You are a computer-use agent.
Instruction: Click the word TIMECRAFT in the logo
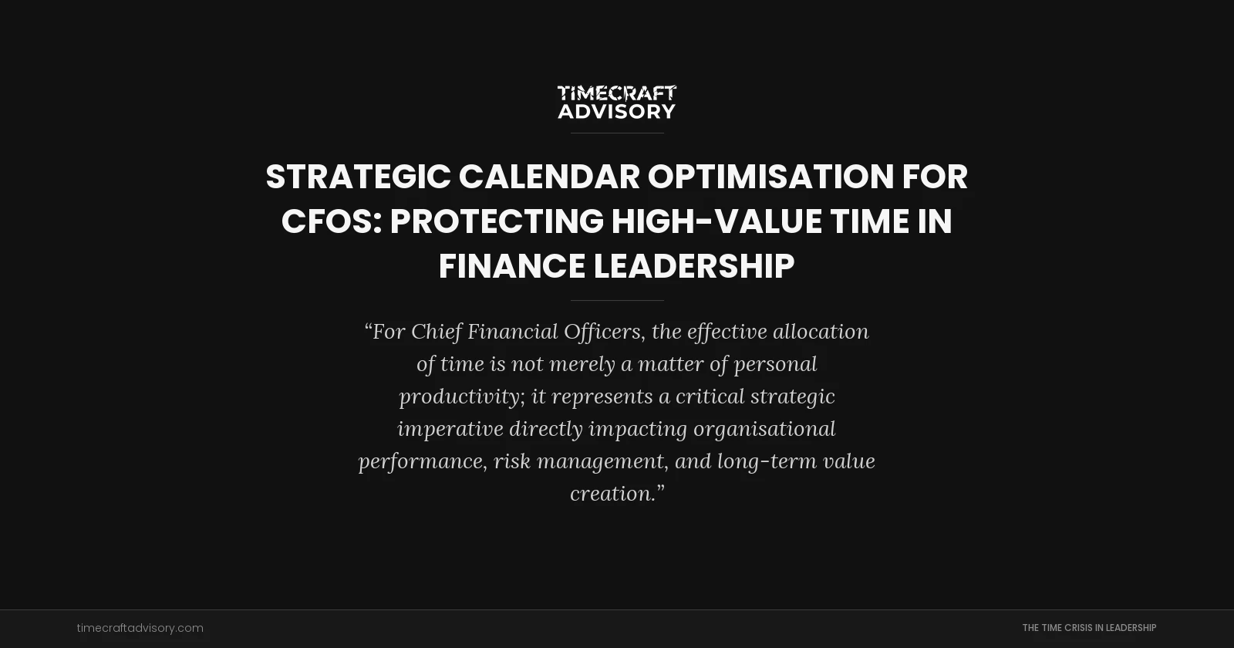(x=616, y=93)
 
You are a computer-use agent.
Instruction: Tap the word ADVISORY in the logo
(x=616, y=112)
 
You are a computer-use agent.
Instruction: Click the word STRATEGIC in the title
(x=358, y=177)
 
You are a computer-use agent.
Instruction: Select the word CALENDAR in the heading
(x=548, y=177)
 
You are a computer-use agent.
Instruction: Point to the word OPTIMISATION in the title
(x=770, y=177)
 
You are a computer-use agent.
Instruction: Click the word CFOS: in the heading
(x=331, y=221)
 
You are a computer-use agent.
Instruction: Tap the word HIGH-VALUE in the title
(x=716, y=221)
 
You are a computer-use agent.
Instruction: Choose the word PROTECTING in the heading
(x=496, y=221)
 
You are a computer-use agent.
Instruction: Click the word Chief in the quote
(x=436, y=332)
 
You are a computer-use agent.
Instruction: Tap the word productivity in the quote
(x=460, y=397)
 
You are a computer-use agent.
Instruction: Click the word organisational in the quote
(x=764, y=429)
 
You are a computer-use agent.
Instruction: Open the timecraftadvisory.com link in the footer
(x=140, y=628)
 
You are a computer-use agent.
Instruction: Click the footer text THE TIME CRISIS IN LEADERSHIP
(x=1089, y=628)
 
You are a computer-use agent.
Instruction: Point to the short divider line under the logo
(x=617, y=133)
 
